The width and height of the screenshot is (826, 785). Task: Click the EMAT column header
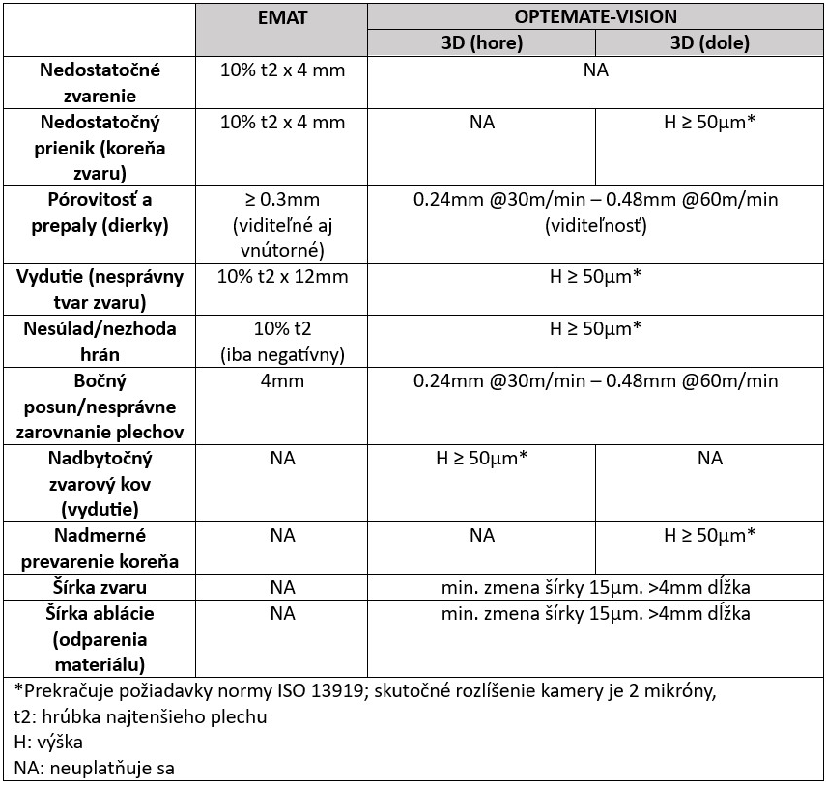[x=282, y=17]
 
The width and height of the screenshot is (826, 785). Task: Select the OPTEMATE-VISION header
[x=595, y=16]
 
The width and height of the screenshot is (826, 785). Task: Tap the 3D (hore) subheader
[x=481, y=43]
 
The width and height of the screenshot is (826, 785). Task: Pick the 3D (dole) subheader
[x=709, y=43]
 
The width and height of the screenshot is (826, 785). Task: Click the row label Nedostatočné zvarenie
[x=100, y=83]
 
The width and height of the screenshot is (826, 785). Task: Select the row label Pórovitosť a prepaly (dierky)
[x=100, y=212]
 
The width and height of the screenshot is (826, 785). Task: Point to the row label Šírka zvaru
[x=100, y=587]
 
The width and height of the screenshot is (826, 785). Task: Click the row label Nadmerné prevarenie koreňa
[x=100, y=548]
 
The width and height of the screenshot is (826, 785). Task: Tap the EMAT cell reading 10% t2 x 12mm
[x=282, y=276]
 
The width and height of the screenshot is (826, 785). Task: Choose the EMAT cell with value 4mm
[x=282, y=380]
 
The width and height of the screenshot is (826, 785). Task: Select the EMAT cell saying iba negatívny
[x=282, y=354]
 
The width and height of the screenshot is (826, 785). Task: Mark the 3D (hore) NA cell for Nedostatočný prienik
[x=481, y=123]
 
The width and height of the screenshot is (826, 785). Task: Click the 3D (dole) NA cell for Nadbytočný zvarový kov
[x=709, y=458]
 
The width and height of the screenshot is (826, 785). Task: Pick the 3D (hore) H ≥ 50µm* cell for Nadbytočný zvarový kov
[x=481, y=458]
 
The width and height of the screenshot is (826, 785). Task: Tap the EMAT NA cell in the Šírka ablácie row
[x=282, y=613]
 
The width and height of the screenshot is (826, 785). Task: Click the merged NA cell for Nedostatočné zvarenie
[x=595, y=70]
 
